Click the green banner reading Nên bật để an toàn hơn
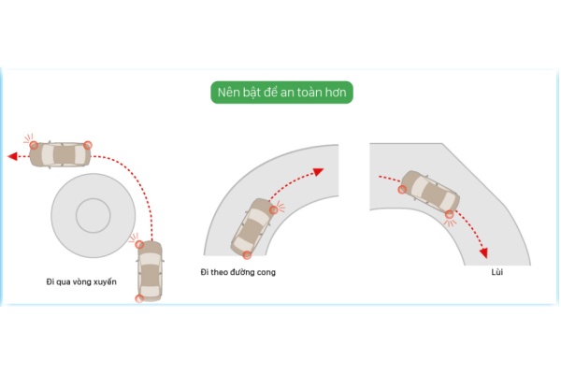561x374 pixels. [281, 93]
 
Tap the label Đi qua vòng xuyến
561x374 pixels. [81, 282]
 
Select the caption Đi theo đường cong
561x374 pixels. [237, 272]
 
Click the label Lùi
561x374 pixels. [497, 272]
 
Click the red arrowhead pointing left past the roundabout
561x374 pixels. [12, 156]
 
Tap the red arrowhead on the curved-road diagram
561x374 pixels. [318, 172]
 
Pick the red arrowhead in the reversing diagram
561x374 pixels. [483, 253]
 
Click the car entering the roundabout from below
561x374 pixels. [151, 271]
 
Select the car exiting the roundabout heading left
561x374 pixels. [60, 154]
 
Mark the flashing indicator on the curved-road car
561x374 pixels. [274, 209]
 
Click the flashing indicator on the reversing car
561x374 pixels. [450, 214]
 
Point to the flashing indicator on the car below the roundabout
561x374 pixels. [139, 245]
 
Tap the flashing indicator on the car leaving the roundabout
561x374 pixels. [34, 145]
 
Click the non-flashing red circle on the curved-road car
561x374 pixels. [247, 255]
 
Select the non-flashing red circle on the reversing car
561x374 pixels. [402, 190]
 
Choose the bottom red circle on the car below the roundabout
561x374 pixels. [139, 298]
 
